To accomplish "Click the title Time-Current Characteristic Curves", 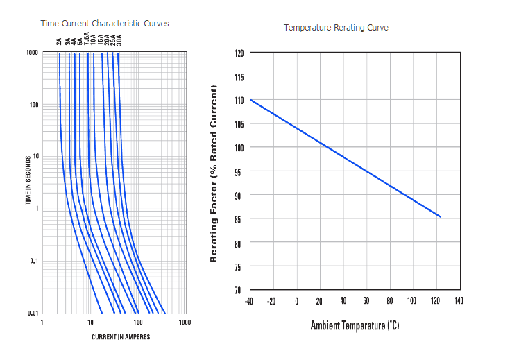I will point(105,24).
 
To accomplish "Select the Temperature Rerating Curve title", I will point(336,28).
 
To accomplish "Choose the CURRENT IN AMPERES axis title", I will point(121,337).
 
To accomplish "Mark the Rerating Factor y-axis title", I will point(214,173).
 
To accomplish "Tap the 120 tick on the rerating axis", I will point(239,53).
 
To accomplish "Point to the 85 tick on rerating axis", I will point(239,219).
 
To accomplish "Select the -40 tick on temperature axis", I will point(249,301).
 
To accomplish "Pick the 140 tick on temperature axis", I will point(459,301).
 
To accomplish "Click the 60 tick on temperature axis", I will point(366,301).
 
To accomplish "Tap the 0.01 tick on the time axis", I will point(32,314).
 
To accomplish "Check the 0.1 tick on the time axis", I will point(33,261).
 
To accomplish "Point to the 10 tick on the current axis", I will point(90,323).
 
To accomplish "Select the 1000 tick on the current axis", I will point(185,323).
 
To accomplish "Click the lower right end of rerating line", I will point(440,216).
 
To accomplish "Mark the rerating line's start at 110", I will point(250,100).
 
